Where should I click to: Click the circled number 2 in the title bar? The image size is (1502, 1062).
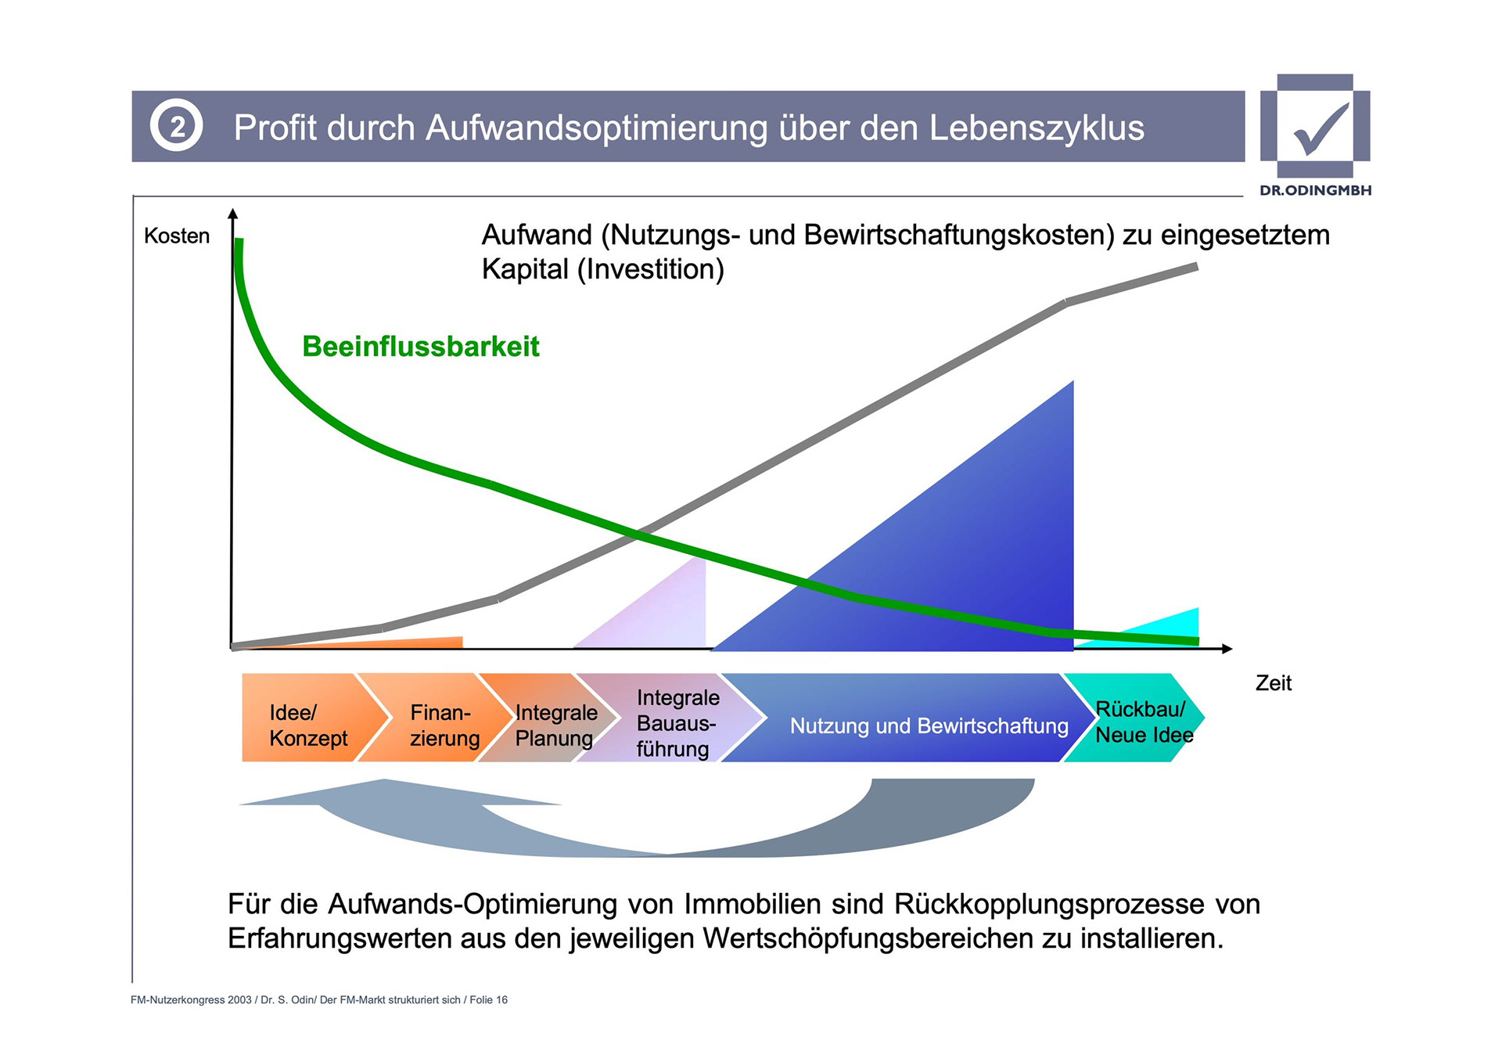177,126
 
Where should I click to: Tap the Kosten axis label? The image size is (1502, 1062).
177,236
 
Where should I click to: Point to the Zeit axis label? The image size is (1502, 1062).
1273,683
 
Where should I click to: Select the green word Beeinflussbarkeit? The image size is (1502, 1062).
421,347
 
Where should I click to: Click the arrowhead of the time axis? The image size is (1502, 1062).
1227,649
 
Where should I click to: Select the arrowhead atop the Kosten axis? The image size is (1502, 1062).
232,213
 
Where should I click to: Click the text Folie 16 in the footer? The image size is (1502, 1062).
488,999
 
